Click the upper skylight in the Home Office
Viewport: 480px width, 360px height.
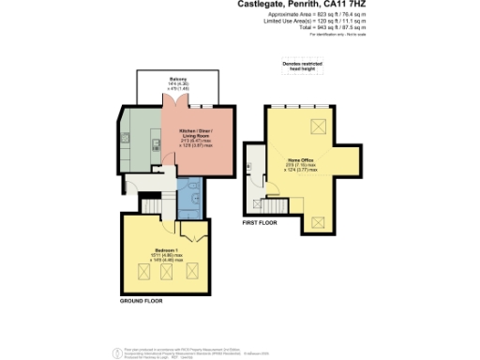coord(319,127)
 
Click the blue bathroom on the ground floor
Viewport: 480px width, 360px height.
coord(189,197)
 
